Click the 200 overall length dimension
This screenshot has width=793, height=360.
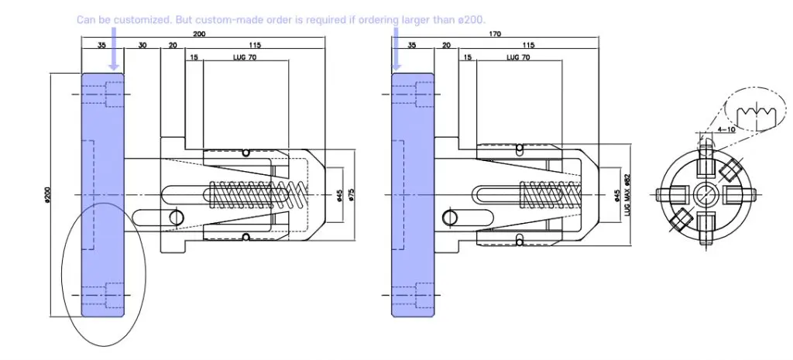[x=198, y=35]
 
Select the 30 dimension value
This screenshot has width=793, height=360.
[x=142, y=46]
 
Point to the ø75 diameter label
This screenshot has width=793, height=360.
[x=351, y=194]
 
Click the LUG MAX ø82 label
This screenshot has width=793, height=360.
[x=628, y=194]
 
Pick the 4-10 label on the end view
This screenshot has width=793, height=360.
[x=726, y=129]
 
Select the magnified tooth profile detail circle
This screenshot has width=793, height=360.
[x=753, y=113]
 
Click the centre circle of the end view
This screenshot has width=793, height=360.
[x=704, y=194]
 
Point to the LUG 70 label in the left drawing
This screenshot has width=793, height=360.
[x=245, y=57]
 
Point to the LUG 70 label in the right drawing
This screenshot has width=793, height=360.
[x=518, y=57]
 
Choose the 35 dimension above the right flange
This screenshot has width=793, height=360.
[x=410, y=46]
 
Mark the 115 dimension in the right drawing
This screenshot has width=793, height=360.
[x=530, y=46]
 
